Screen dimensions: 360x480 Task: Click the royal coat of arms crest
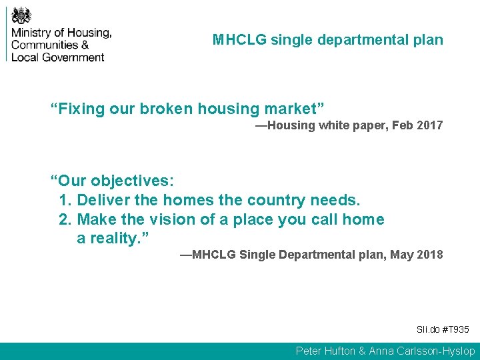(21, 14)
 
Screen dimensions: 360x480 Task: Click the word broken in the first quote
(165, 109)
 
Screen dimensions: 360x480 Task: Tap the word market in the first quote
(289, 109)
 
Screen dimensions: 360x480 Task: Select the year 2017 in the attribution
(429, 125)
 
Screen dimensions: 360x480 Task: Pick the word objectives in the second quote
(132, 181)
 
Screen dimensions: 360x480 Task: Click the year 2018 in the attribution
(429, 255)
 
